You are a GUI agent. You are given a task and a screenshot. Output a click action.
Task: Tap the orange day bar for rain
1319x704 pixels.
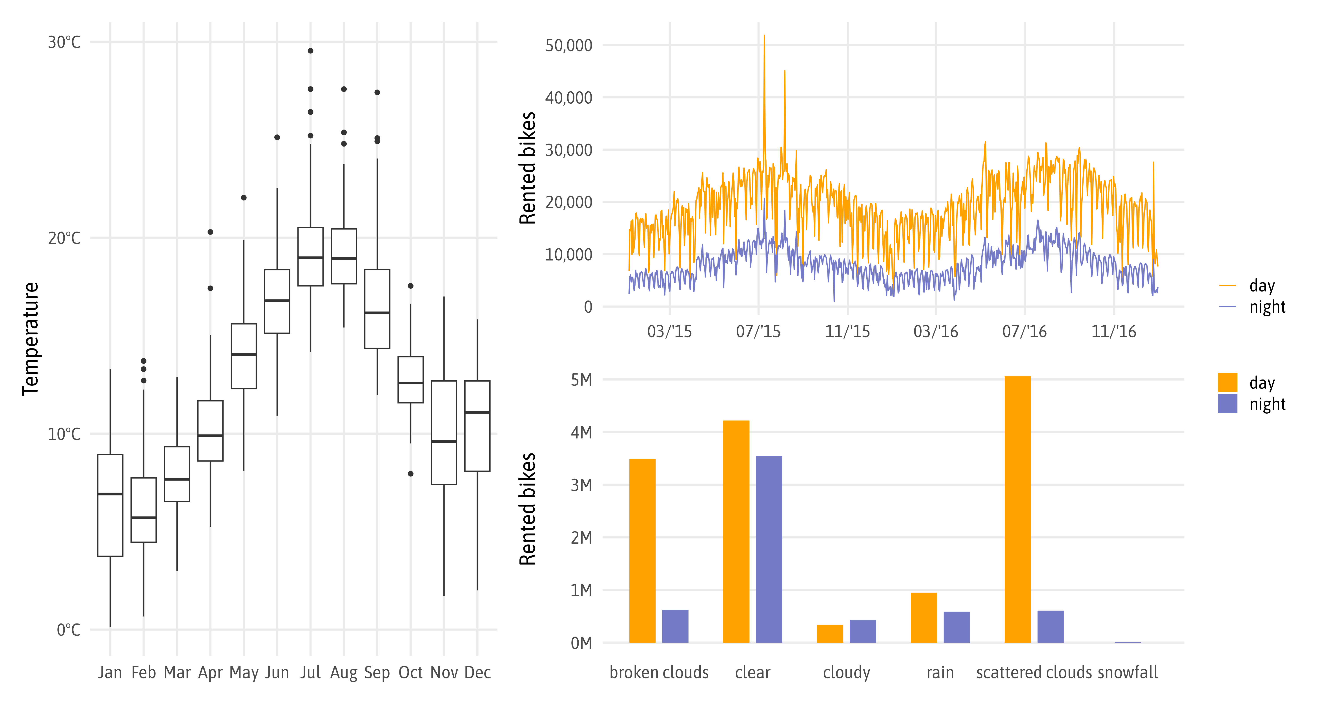[924, 617]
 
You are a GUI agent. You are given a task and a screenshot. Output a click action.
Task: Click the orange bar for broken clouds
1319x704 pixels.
[642, 551]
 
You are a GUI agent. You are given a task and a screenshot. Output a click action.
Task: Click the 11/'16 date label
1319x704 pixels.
[1114, 332]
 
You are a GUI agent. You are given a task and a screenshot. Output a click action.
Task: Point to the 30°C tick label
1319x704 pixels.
[64, 42]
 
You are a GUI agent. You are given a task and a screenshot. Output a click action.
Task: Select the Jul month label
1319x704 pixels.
[310, 672]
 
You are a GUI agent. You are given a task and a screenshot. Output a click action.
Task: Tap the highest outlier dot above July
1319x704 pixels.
[310, 51]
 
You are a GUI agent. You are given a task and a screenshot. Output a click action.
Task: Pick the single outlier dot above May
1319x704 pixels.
[244, 198]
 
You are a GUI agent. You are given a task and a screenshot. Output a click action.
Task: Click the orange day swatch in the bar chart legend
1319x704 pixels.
[1227, 382]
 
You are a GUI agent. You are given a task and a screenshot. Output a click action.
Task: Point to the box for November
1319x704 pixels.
[444, 433]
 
